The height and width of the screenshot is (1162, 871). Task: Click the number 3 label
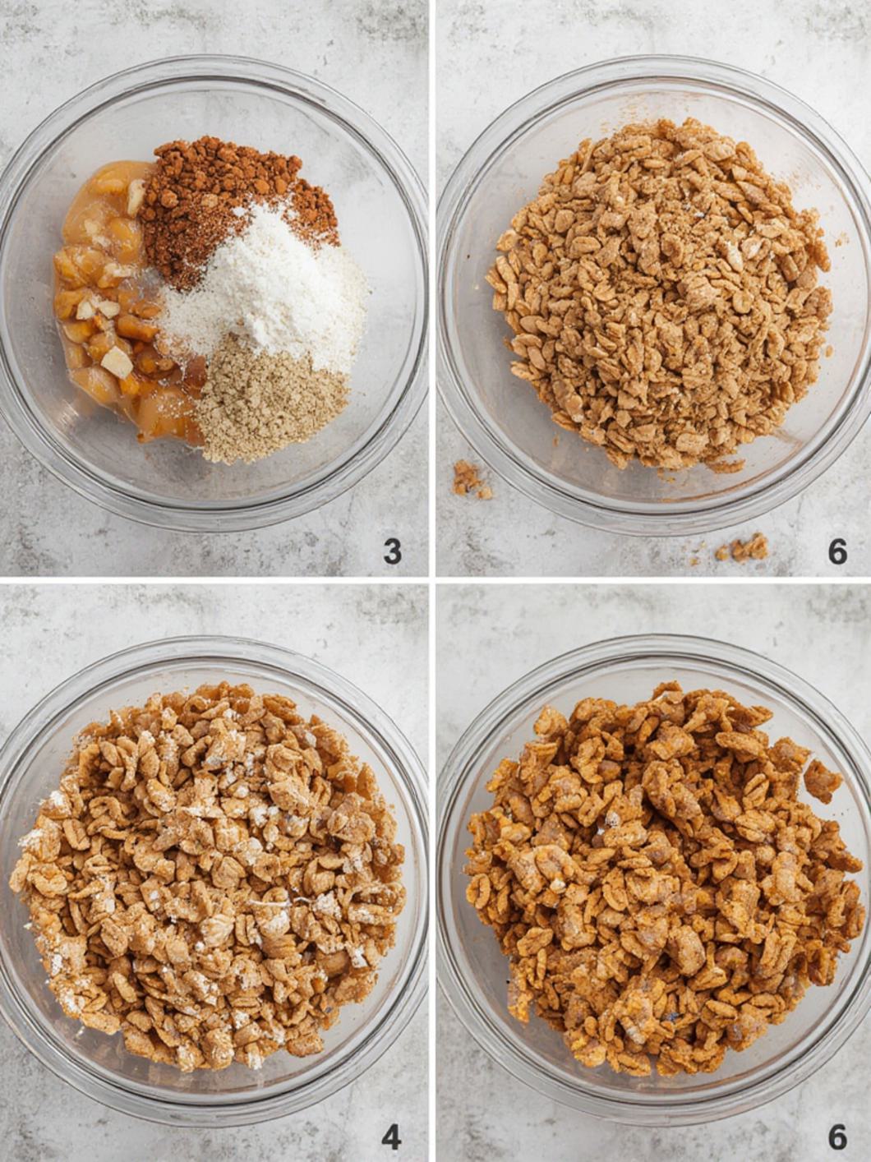(x=392, y=551)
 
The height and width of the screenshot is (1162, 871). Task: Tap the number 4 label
(x=391, y=1137)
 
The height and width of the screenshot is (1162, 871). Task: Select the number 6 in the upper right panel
(x=836, y=551)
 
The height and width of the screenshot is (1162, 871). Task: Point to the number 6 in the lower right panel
(x=836, y=1137)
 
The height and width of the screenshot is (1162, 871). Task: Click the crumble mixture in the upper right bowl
(x=657, y=296)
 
